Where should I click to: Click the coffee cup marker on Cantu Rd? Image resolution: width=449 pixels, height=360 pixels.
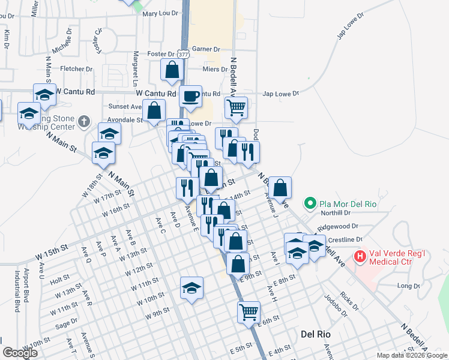[x=191, y=97]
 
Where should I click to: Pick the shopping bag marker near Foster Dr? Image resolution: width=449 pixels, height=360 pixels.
[x=172, y=69]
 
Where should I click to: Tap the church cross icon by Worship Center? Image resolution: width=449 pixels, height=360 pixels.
[x=83, y=122]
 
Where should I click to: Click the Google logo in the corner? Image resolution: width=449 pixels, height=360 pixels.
[x=20, y=353]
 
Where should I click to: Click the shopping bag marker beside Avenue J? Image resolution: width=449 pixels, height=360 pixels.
[x=280, y=188]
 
